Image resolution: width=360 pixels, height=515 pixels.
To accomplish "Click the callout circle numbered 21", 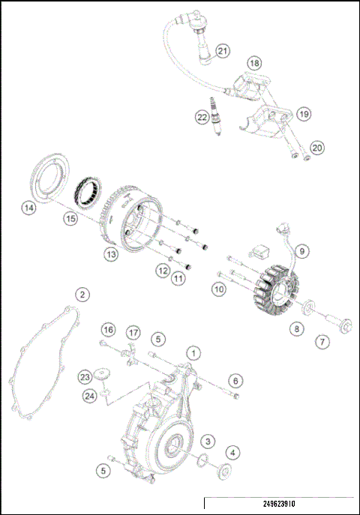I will click(223, 51).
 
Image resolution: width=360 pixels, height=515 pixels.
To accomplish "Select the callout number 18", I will click(254, 63).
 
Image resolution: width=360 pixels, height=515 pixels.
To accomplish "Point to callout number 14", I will click(29, 208).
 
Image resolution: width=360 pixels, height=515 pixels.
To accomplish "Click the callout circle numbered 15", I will click(70, 219).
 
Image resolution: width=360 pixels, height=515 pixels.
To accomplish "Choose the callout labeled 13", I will click(111, 254).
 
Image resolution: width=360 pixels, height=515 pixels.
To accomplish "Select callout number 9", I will click(301, 251).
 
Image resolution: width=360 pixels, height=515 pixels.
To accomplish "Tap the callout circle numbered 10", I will click(219, 288).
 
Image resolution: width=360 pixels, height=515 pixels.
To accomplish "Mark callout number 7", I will click(322, 342).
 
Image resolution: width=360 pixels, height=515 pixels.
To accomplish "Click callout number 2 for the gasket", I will click(82, 295).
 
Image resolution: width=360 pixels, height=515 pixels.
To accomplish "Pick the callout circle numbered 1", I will click(193, 352).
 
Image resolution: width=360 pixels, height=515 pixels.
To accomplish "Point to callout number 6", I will click(235, 382).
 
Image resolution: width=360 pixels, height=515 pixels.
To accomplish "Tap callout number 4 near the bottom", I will click(233, 452).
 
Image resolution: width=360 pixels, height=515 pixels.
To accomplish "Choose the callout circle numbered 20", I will click(318, 148).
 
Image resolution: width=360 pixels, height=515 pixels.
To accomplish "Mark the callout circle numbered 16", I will click(109, 330).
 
